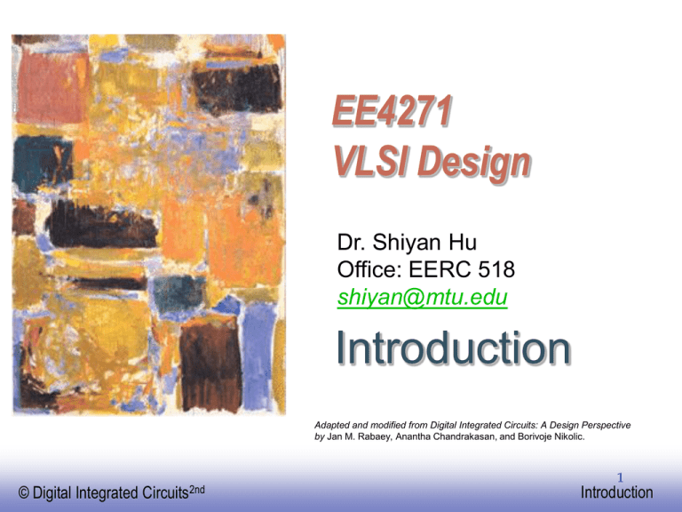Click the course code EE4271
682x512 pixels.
[x=393, y=110]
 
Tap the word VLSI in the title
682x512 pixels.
[x=371, y=161]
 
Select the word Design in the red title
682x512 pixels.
[x=474, y=164]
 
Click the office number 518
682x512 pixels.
[x=496, y=269]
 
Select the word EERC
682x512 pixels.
[x=440, y=269]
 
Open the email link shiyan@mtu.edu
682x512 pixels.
[x=423, y=297]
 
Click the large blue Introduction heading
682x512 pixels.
[x=453, y=348]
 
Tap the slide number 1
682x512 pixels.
[x=620, y=477]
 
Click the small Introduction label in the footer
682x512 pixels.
[x=617, y=492]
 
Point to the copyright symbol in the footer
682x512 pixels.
[x=23, y=492]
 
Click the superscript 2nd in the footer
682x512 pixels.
[x=197, y=490]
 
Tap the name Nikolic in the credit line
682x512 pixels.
[x=569, y=436]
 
